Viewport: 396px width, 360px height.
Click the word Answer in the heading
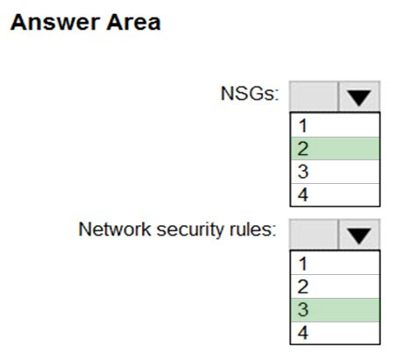54,22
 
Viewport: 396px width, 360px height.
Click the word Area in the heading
133,22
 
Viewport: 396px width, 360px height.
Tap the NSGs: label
250,94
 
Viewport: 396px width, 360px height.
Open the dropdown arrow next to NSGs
359,96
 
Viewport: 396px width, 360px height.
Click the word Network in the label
115,229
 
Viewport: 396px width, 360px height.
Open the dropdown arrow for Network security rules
359,235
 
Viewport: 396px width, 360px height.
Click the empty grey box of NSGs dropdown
314,96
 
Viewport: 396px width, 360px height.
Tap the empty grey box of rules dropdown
314,235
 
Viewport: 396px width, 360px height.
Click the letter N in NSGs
227,94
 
